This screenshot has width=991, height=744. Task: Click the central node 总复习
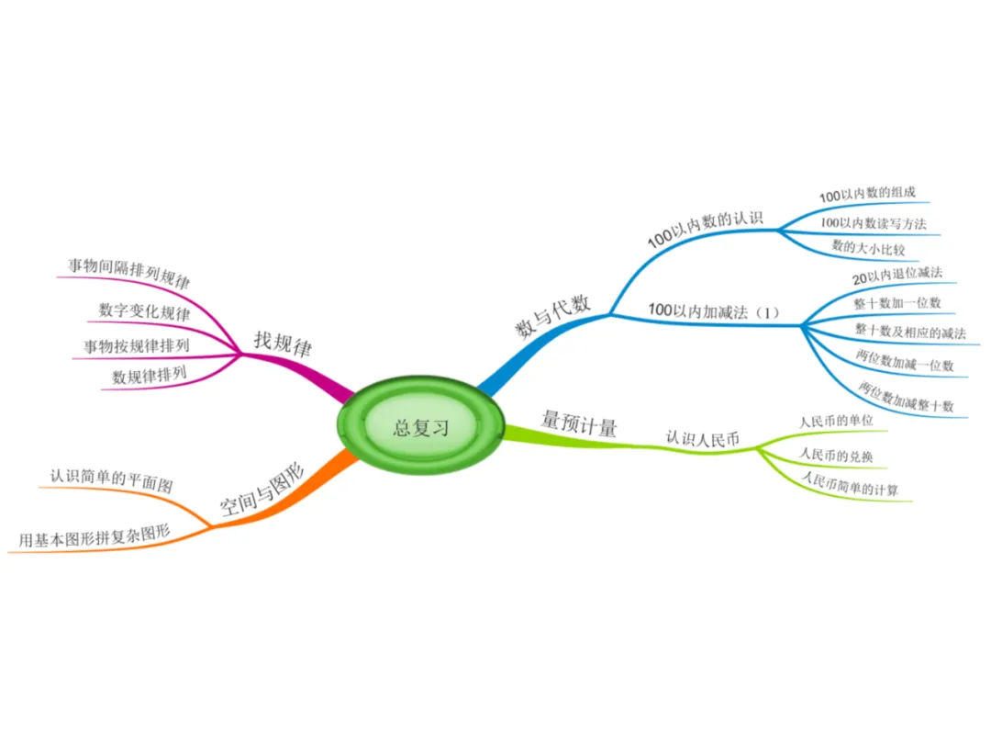tap(421, 427)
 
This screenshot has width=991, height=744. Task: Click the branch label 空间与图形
tap(262, 489)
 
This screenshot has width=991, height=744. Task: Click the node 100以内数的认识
tap(706, 225)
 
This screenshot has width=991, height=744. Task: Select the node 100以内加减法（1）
tap(713, 312)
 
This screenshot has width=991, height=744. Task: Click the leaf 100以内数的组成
tap(867, 196)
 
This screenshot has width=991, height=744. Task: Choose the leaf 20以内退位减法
tap(896, 275)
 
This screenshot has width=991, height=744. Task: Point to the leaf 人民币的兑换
tap(841, 454)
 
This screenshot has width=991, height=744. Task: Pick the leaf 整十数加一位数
tap(896, 302)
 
